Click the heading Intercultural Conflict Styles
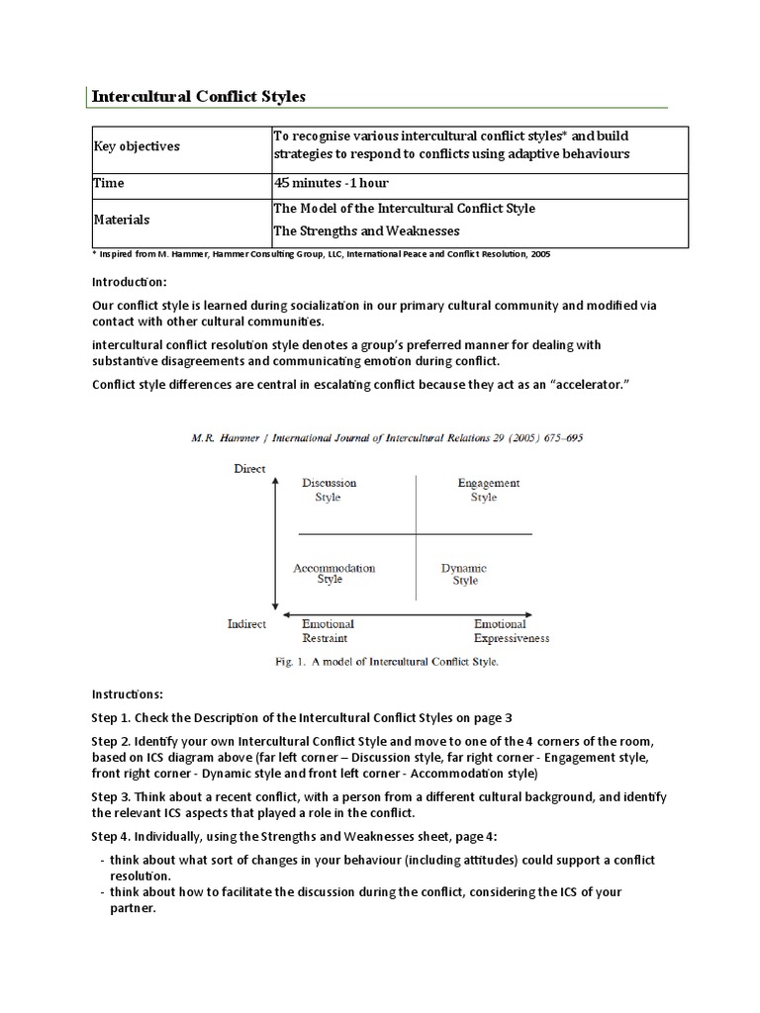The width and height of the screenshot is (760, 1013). (x=199, y=96)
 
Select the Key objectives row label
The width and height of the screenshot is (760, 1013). (x=137, y=146)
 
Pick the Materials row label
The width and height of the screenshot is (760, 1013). (x=122, y=220)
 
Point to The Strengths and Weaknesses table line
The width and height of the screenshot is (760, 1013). (x=366, y=230)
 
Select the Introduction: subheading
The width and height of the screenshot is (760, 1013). (x=130, y=281)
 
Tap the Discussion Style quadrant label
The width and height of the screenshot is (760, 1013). (x=329, y=490)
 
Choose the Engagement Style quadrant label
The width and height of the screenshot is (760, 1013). (x=487, y=490)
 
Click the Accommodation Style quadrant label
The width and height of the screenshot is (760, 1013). (x=333, y=574)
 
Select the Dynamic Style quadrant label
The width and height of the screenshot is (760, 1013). (x=464, y=574)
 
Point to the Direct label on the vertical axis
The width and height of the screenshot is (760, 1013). (x=248, y=468)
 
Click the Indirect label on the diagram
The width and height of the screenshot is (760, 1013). (x=246, y=625)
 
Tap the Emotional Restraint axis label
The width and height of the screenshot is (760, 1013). (x=328, y=631)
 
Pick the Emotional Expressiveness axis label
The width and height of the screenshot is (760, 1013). (x=511, y=631)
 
